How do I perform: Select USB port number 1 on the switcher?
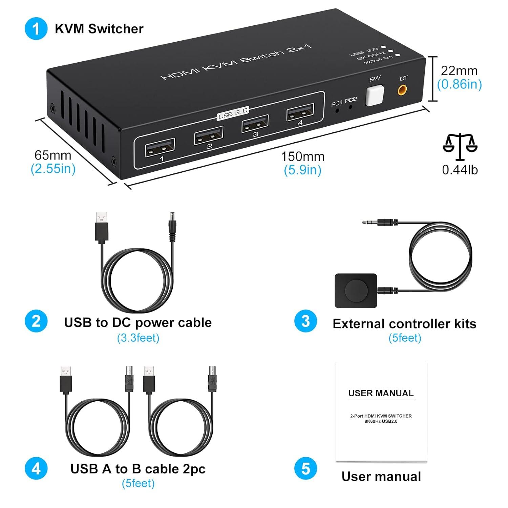point(160,148)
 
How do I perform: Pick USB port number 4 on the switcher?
point(300,112)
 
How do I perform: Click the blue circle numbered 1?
point(36,29)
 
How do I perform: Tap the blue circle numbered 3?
point(305,321)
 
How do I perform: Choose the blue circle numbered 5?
point(305,469)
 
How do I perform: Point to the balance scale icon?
point(460,146)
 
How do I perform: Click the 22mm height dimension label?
point(459,71)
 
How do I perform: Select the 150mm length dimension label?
point(302,156)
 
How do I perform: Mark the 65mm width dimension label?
point(53,155)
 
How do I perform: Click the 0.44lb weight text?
point(460,170)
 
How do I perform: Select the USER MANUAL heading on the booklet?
point(381,393)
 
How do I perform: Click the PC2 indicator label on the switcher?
point(351,100)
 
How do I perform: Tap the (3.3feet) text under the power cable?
point(138,338)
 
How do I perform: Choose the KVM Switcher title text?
point(99,29)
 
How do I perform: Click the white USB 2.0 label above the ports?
point(233,112)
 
